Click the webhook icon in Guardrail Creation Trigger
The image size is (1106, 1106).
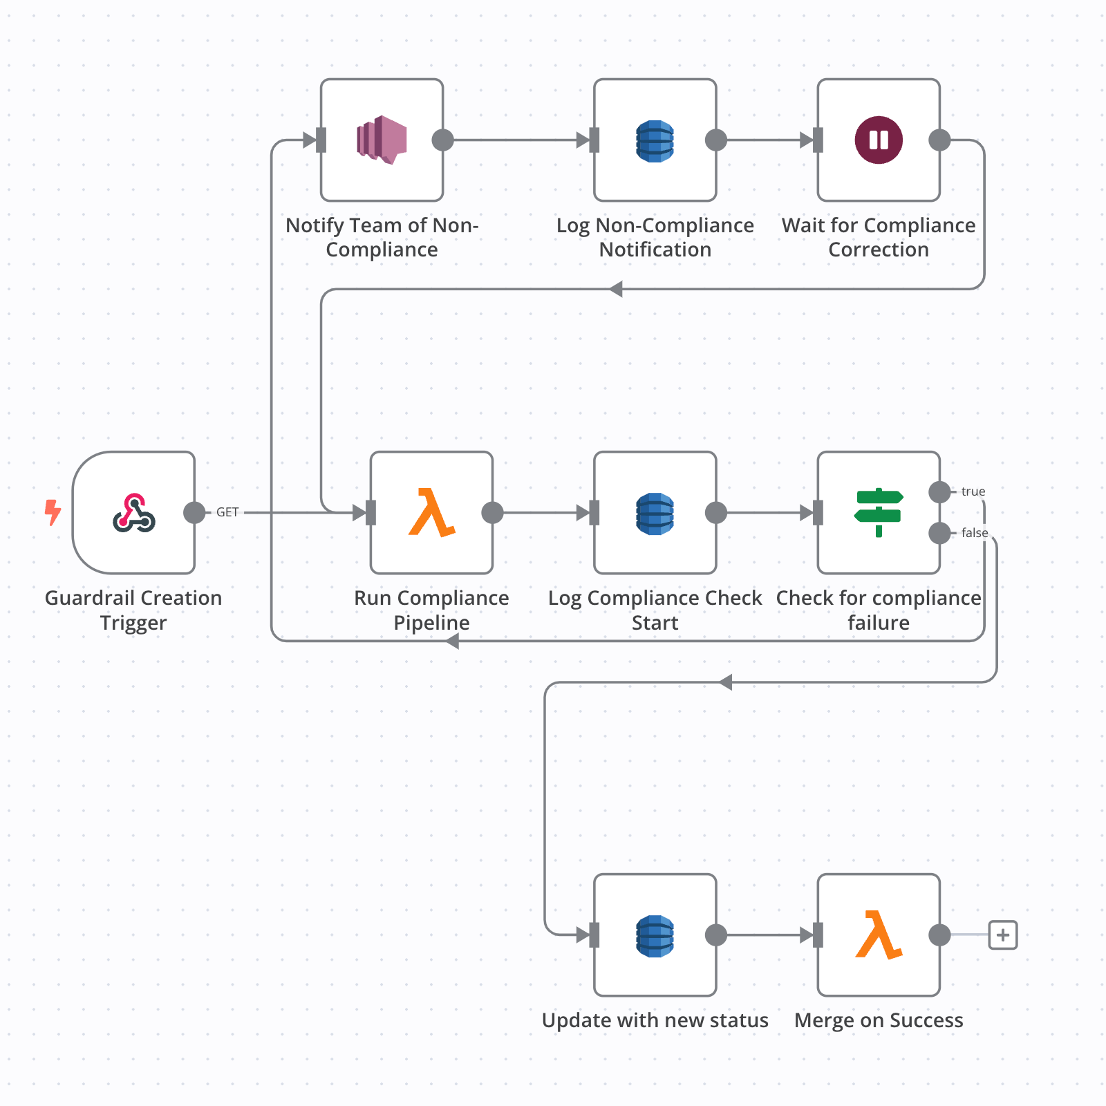(x=134, y=513)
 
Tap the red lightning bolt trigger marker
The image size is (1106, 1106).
(x=53, y=512)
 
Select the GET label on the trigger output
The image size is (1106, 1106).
(x=227, y=512)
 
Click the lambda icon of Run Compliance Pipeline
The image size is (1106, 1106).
(x=431, y=513)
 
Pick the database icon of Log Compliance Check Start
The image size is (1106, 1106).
(x=655, y=513)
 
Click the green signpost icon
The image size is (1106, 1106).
(x=879, y=512)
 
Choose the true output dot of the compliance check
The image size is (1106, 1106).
(x=939, y=492)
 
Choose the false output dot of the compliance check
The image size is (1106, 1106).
(x=939, y=533)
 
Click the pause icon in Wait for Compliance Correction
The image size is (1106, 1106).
(x=879, y=140)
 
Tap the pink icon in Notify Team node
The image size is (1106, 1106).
(x=382, y=140)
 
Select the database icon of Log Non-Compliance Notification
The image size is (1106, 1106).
(x=655, y=140)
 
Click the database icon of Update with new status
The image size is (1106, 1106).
(x=655, y=935)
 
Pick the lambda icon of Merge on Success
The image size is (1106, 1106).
(x=879, y=935)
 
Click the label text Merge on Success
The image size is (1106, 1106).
(x=879, y=1020)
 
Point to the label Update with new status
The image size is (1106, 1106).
(x=655, y=1020)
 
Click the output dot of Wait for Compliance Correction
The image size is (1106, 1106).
(x=939, y=140)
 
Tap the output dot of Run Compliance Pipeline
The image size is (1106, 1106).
(x=492, y=513)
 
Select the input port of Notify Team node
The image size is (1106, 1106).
(x=321, y=140)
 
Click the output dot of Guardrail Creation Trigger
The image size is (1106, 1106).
(x=195, y=513)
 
